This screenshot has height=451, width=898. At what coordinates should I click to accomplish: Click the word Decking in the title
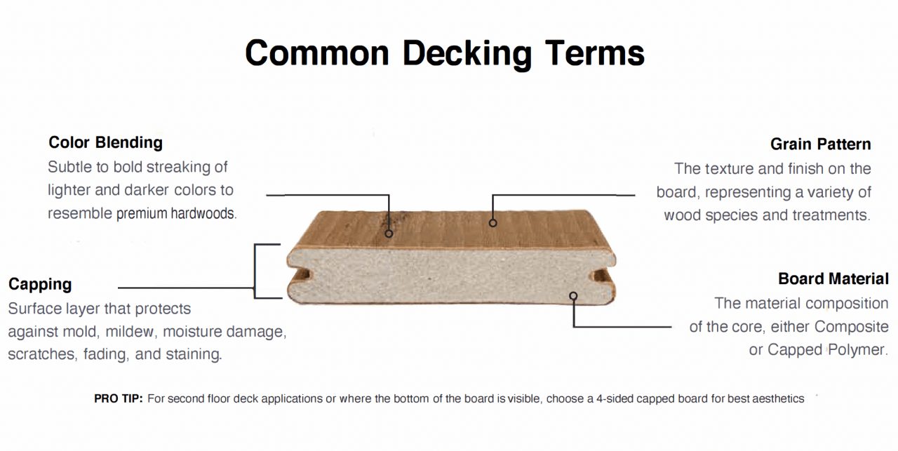coord(467,54)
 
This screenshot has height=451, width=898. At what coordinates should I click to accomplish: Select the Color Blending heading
coord(105,142)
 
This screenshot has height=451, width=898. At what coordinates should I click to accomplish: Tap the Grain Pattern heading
coord(821,144)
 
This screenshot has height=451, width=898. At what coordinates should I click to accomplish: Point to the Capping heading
coord(40,284)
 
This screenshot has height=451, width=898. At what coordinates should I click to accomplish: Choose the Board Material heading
coord(833,278)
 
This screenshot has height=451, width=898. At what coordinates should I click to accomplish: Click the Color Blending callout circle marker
coord(389,234)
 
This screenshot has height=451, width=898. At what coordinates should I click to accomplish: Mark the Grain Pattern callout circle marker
coord(492,223)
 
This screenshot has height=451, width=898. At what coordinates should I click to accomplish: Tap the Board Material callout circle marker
coord(573,296)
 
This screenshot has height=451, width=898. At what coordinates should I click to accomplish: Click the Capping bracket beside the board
coord(255,271)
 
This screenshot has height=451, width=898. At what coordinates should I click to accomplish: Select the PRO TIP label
coord(119,398)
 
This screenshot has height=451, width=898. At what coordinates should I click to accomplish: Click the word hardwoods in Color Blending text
coord(203,213)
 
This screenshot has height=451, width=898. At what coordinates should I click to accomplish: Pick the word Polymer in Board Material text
coord(858,350)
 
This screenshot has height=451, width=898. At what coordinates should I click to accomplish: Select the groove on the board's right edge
coord(602,276)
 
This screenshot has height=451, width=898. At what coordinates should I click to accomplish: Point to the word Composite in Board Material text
coord(851,327)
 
